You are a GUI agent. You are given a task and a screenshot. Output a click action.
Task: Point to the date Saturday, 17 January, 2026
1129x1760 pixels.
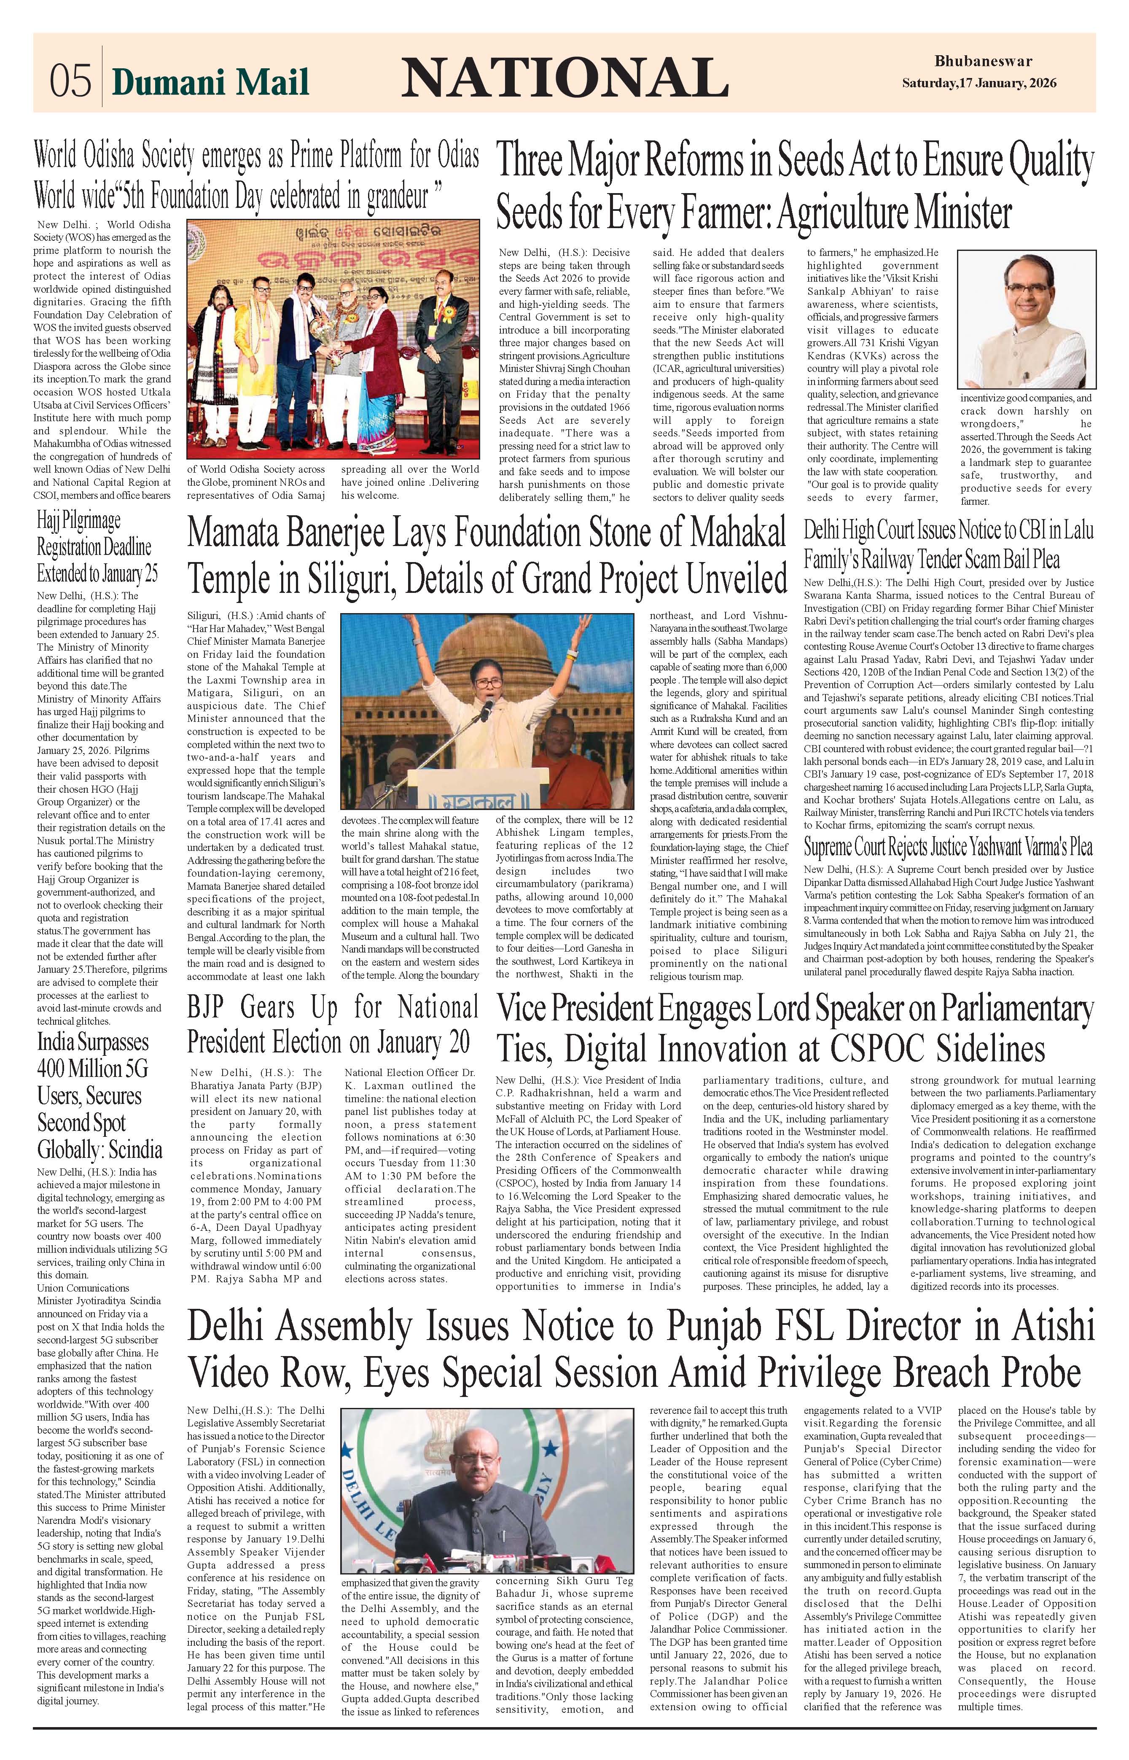[979, 83]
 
